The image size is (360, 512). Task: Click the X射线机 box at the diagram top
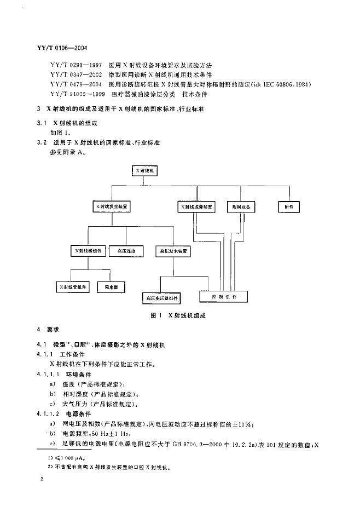[x=146, y=171]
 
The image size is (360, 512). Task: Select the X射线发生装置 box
[x=112, y=208]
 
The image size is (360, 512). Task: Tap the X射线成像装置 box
[x=197, y=208]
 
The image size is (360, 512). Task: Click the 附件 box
[x=289, y=208]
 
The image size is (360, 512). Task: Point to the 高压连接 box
[x=126, y=251]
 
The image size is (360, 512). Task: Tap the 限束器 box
[x=112, y=286]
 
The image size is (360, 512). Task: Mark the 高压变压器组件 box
[x=161, y=298]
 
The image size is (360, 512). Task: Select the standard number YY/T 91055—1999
[x=76, y=94]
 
